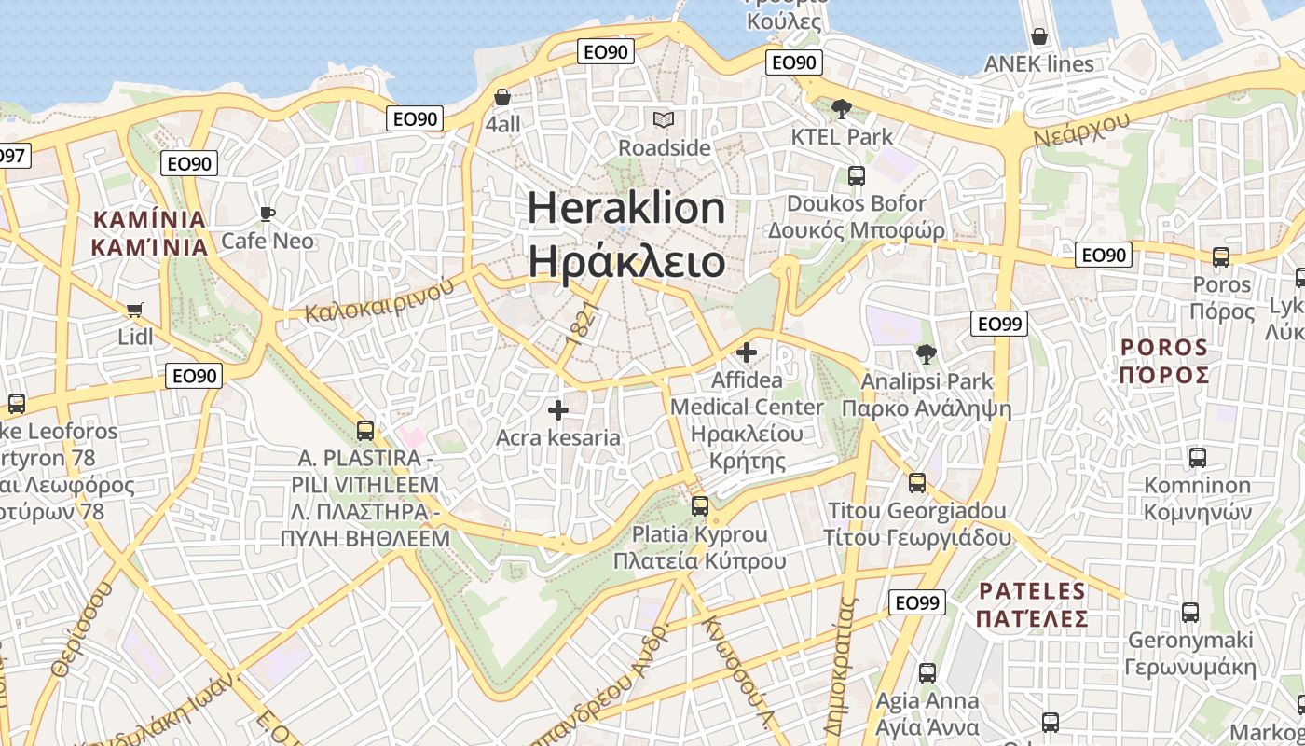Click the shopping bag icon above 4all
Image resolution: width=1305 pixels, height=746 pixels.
coord(502,97)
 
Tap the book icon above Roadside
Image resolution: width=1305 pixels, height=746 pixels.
coord(664,120)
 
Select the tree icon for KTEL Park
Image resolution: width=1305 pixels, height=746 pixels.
coord(841,108)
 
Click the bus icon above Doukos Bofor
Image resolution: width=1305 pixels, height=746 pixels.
coord(856,175)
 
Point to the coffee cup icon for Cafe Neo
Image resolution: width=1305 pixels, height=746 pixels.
coord(268,214)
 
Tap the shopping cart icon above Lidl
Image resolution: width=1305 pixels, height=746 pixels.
coord(135,309)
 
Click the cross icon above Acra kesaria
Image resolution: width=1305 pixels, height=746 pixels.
coord(558,409)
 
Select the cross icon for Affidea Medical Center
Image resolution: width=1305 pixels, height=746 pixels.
coord(747,352)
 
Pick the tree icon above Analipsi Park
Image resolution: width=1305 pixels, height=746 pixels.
coord(926,353)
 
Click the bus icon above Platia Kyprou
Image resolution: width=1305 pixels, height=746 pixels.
coord(700,506)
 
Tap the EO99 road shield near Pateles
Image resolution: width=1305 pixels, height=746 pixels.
coord(916,602)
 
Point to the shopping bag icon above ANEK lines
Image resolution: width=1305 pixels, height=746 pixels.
coord(1038,37)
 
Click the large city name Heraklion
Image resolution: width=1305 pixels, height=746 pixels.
coord(626,207)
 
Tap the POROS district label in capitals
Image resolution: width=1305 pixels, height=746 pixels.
coord(1164,348)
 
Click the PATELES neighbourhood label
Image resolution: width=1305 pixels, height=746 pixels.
coord(1032,591)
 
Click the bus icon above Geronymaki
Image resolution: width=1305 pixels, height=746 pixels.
coord(1190,613)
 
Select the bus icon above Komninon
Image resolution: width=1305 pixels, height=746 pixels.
coord(1198,458)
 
